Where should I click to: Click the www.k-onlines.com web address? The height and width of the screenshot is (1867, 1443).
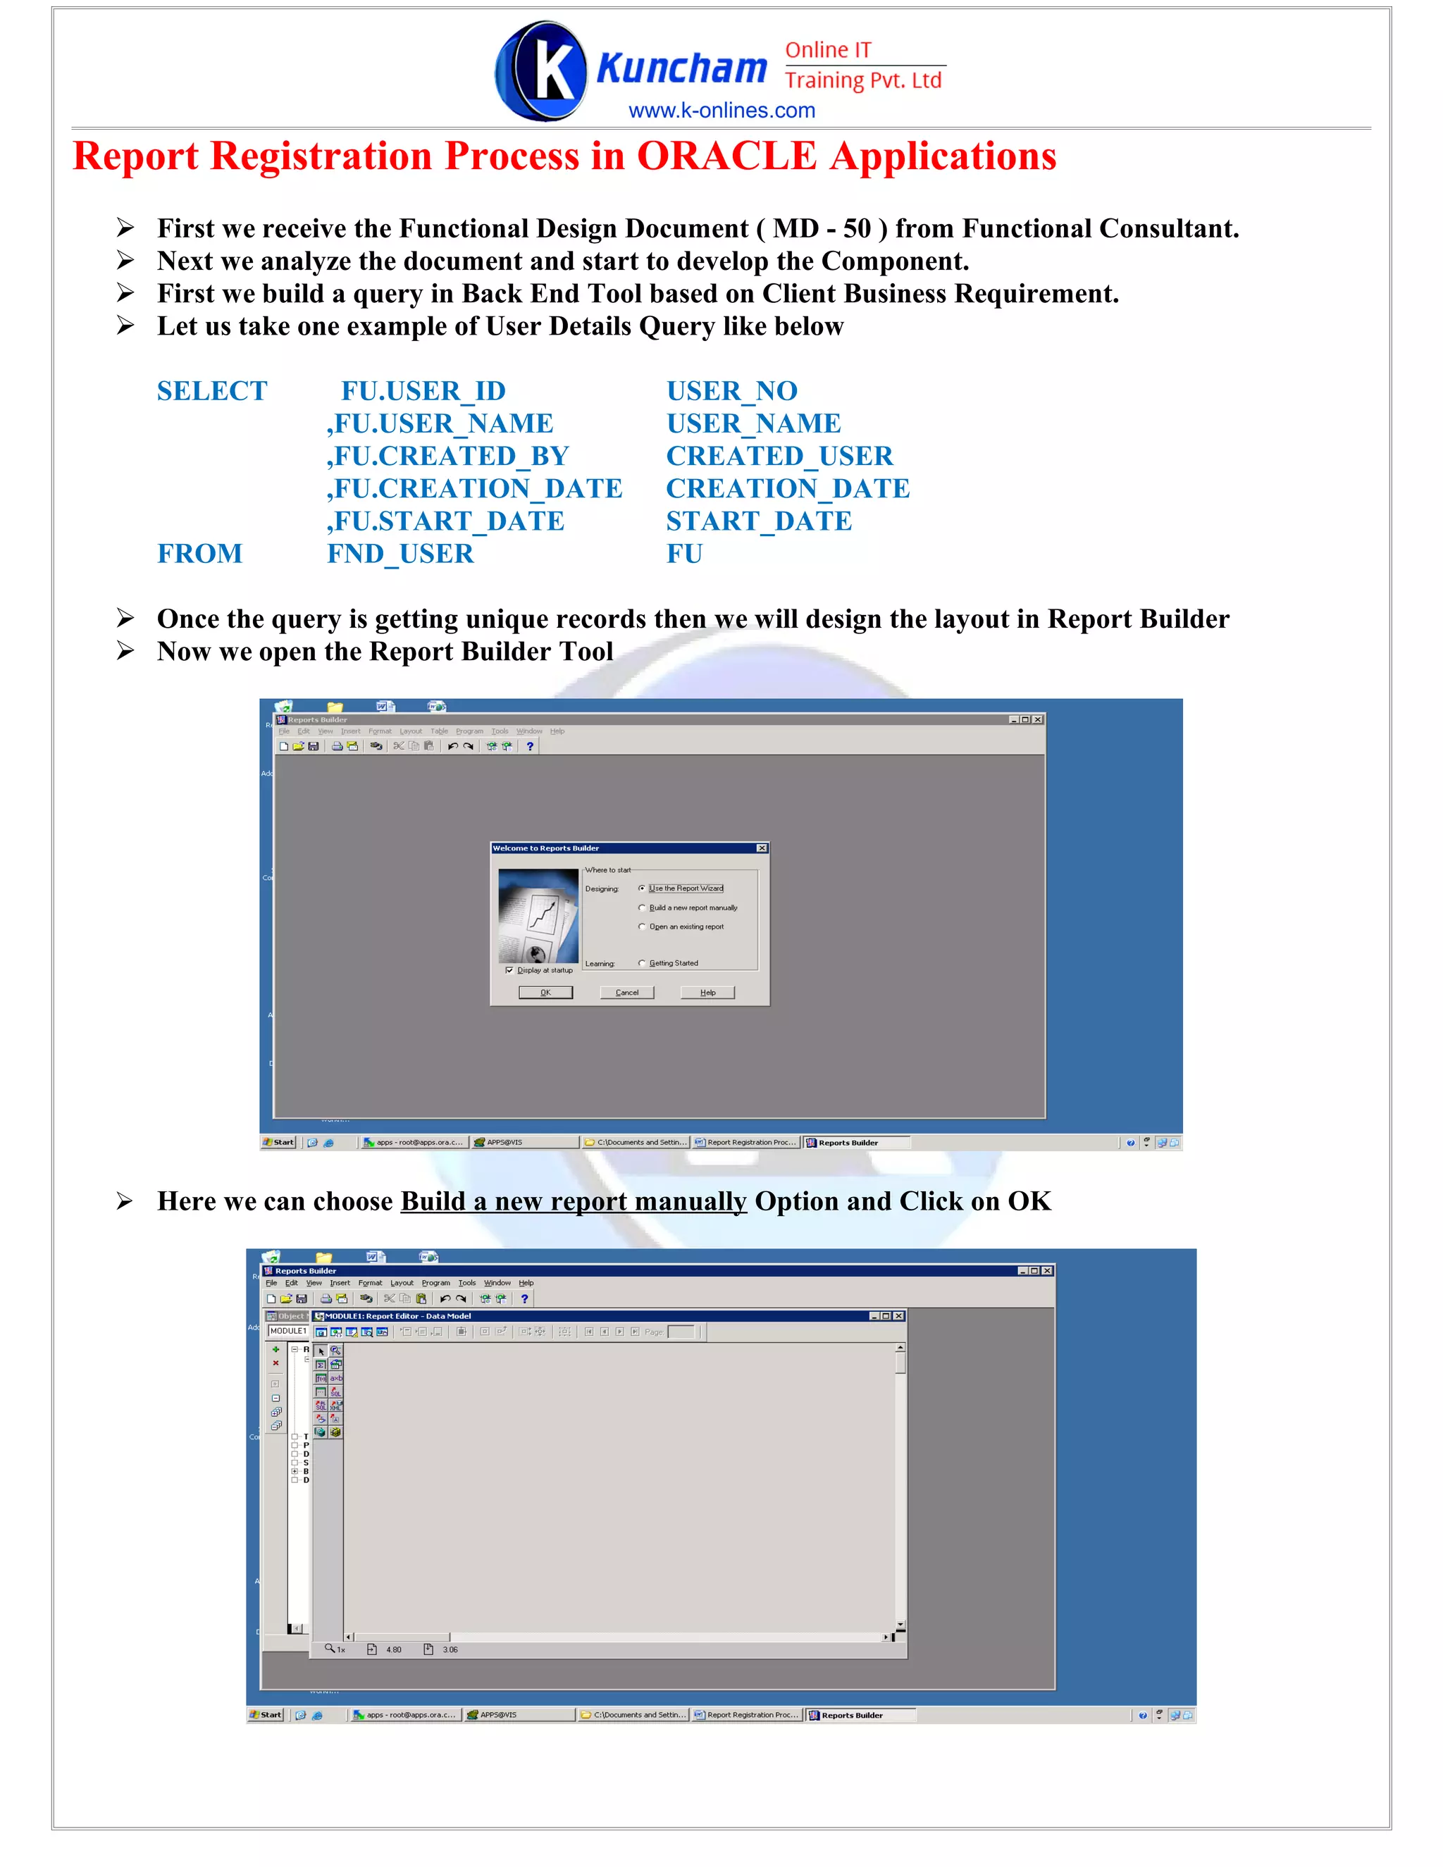[x=721, y=111]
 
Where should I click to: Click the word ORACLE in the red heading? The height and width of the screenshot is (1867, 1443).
[x=726, y=156]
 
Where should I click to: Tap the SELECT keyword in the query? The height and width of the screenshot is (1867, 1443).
[x=212, y=391]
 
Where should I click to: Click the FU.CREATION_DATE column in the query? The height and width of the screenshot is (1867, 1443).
[x=476, y=488]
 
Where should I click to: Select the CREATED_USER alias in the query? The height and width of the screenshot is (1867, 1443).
[x=779, y=456]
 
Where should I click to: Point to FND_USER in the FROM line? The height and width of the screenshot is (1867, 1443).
[x=400, y=553]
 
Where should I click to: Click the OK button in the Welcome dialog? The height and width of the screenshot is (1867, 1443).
[x=545, y=993]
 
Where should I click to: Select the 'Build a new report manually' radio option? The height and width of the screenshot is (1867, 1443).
[x=642, y=908]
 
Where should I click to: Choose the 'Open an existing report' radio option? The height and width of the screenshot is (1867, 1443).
[x=642, y=926]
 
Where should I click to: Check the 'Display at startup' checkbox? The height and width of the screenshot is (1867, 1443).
[x=509, y=970]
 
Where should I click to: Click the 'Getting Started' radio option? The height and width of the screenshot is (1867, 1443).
[x=642, y=963]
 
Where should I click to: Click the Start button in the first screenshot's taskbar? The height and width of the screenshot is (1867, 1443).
[x=279, y=1142]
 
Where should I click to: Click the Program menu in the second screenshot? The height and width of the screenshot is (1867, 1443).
[x=435, y=1283]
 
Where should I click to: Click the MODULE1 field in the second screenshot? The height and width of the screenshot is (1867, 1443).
[x=288, y=1331]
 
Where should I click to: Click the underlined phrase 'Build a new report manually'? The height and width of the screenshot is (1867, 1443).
[x=573, y=1201]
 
